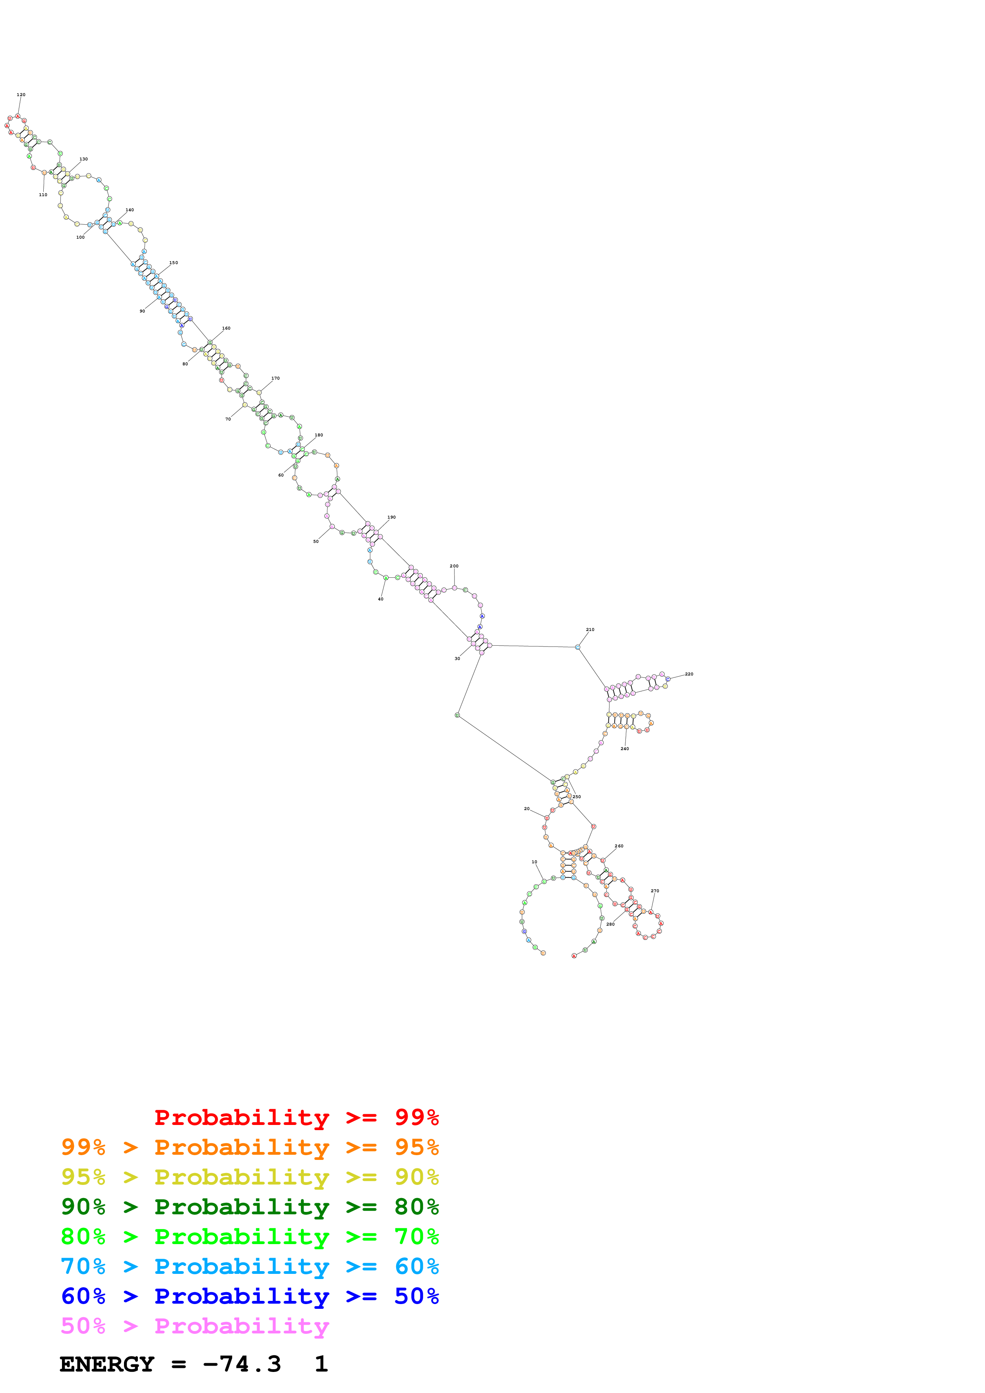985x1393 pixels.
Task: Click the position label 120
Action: (x=21, y=95)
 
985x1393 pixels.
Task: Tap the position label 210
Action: (x=590, y=630)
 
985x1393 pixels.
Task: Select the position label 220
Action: (x=689, y=674)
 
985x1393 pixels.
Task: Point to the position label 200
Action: (x=454, y=566)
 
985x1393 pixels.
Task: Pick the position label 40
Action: (x=381, y=599)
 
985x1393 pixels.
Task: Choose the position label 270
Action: (x=655, y=891)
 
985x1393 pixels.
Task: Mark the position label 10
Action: (x=534, y=862)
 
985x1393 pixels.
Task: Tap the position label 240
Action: (x=625, y=749)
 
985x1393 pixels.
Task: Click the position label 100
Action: (x=80, y=237)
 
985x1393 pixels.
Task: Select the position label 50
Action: (x=315, y=541)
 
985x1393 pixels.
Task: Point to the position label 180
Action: (x=319, y=435)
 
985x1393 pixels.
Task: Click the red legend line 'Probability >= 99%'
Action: (x=296, y=1117)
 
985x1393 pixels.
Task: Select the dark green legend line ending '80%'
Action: (x=250, y=1207)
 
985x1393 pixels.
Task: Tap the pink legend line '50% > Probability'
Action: (x=195, y=1325)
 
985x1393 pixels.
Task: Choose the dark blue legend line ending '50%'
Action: (x=250, y=1296)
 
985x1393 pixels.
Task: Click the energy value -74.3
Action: (x=242, y=1364)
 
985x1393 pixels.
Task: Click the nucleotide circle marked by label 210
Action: (x=577, y=647)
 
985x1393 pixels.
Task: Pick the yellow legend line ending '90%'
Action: (x=250, y=1177)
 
